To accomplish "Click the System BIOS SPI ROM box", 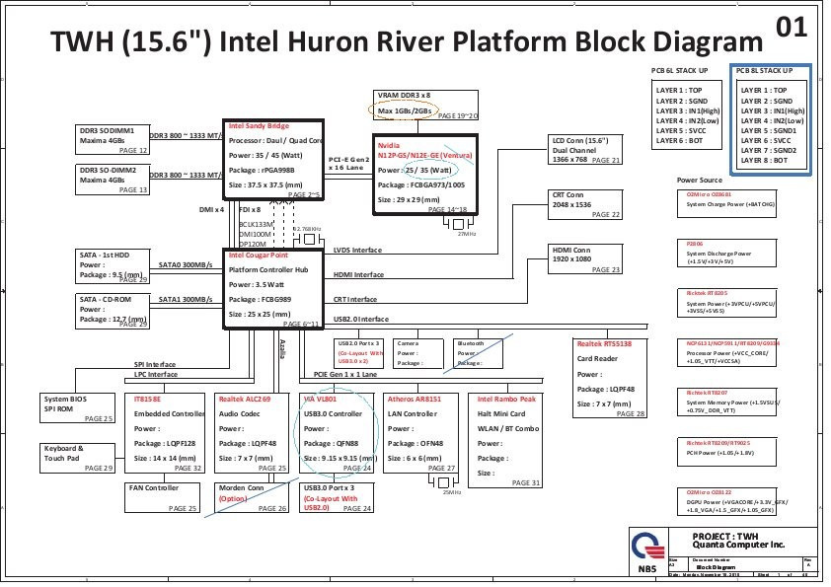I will pyautogui.click(x=77, y=408).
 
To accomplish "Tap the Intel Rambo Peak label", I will pyautogui.click(x=507, y=399).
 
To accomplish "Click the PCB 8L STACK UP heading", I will pyautogui.click(x=771, y=72).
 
